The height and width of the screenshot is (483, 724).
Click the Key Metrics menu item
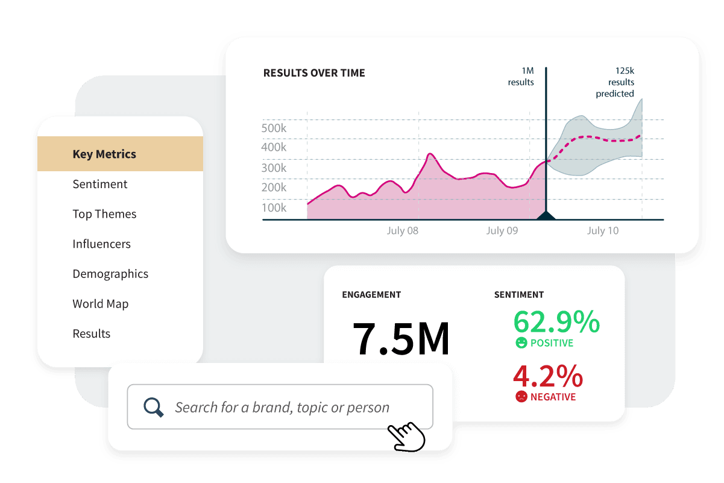point(104,154)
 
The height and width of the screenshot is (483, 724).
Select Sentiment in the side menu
point(100,185)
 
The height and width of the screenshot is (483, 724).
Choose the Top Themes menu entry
point(104,214)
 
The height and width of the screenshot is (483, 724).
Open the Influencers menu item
point(101,244)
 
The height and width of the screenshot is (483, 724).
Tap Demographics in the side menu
point(110,274)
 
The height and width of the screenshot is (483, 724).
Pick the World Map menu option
point(100,304)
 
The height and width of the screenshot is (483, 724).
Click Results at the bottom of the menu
point(92,333)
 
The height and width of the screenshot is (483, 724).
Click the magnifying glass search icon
point(154,408)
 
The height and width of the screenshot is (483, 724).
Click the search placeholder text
point(282,408)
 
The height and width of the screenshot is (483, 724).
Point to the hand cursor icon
point(406,436)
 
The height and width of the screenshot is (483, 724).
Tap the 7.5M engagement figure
point(401,339)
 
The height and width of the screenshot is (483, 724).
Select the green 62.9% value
point(556,322)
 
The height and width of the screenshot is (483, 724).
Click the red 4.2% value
point(547,377)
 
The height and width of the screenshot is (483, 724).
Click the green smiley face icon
point(521,343)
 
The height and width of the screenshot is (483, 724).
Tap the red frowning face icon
point(521,397)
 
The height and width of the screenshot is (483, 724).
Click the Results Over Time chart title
point(314,73)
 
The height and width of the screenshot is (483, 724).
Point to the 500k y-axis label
point(274,128)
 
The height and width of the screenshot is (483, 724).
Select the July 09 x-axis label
point(502,231)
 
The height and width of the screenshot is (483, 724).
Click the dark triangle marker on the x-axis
point(546,216)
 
